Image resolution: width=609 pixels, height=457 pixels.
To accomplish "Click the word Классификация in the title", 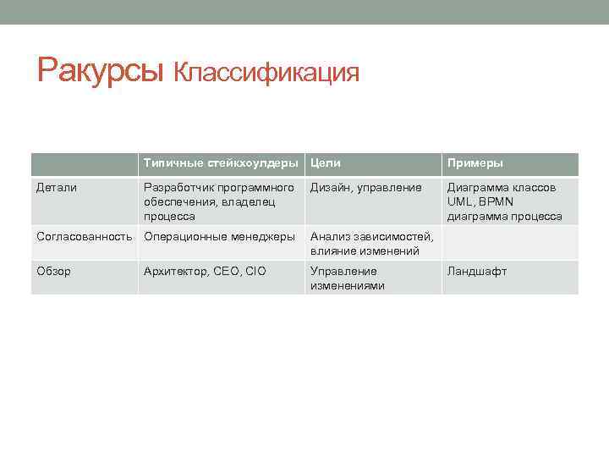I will (266, 73).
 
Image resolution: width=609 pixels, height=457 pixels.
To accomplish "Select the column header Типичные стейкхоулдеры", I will (221, 162).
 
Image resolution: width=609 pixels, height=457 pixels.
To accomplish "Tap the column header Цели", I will (326, 162).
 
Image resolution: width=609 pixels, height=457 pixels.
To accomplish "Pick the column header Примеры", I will (475, 162).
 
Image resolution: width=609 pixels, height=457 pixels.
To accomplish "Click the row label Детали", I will (57, 187).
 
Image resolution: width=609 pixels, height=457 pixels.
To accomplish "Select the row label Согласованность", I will (85, 236).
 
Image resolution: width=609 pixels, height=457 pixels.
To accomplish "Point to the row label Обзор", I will (54, 271).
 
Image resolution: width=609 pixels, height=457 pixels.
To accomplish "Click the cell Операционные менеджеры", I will (219, 236).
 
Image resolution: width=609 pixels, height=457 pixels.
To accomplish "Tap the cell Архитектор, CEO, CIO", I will (205, 271).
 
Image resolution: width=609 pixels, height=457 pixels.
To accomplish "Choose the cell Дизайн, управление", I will (365, 187).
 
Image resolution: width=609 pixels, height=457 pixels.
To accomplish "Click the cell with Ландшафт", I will (477, 271).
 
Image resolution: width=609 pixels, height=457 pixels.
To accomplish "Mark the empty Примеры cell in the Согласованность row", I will (509, 243).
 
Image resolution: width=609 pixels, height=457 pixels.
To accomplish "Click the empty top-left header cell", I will (84, 163).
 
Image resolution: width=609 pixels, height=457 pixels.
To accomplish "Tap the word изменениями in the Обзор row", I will (347, 285).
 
